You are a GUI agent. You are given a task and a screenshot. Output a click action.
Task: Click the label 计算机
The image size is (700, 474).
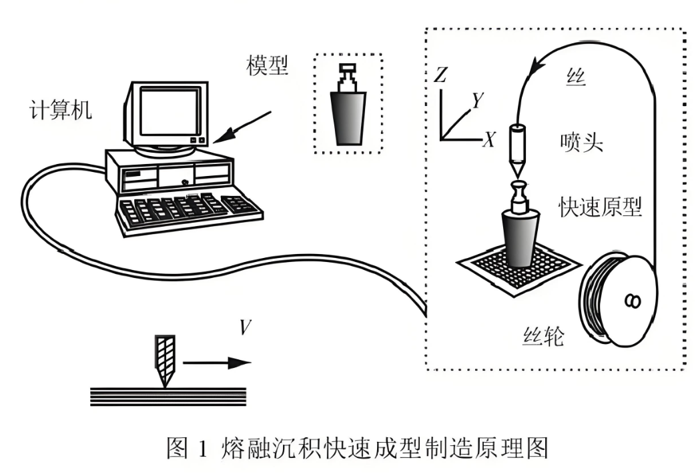[61, 109]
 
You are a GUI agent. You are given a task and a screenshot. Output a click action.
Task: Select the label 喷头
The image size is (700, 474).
[582, 142]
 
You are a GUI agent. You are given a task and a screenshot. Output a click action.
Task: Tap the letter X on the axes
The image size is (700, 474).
[490, 140]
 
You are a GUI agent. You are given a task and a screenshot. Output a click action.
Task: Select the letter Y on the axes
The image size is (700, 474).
[477, 100]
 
